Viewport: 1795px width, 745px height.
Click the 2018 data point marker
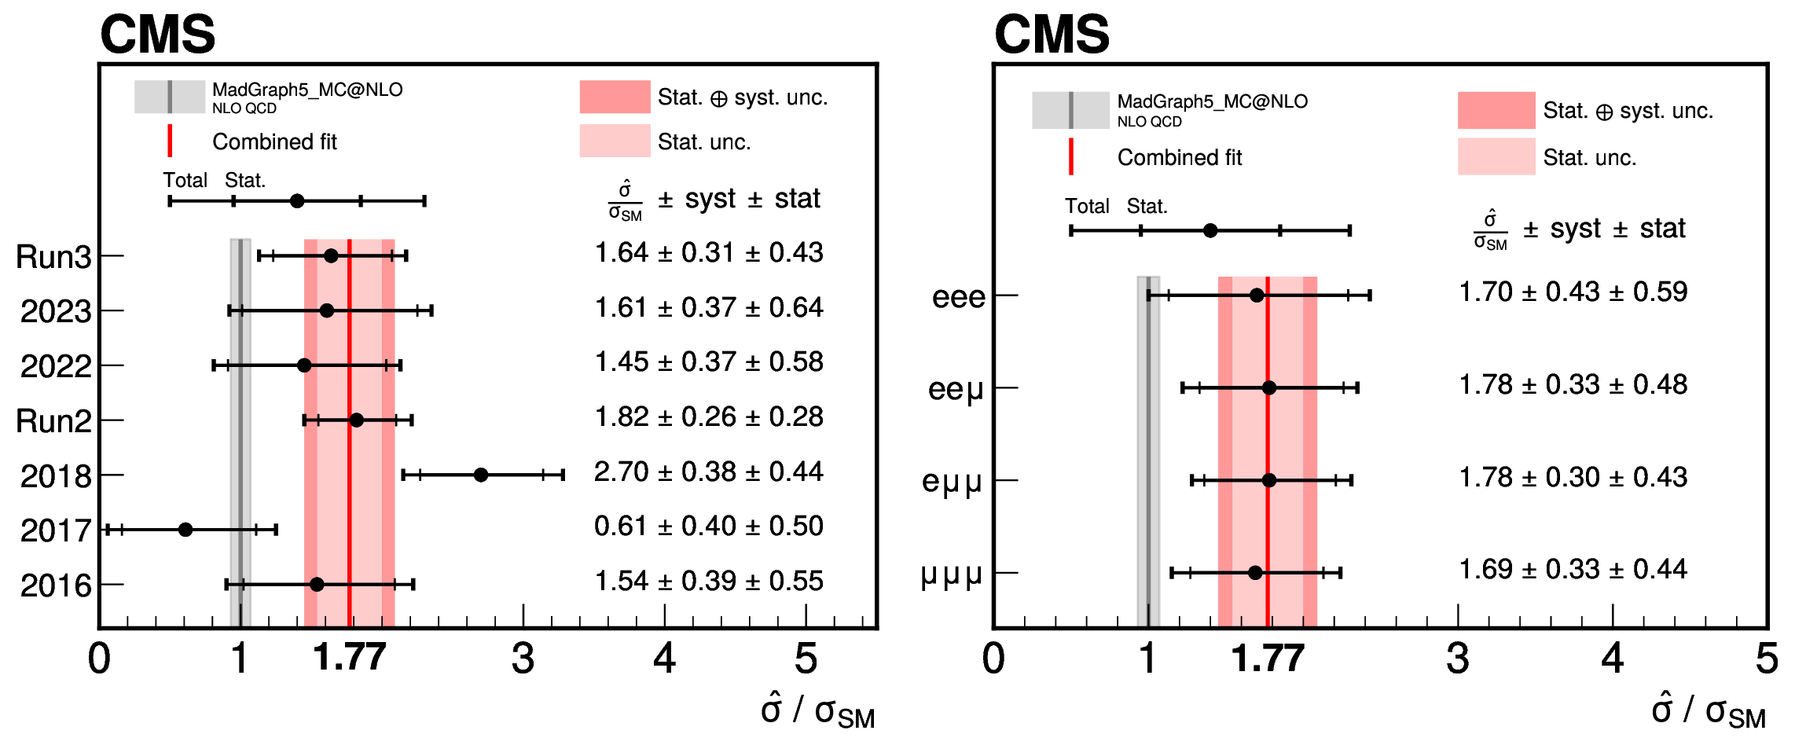tap(481, 475)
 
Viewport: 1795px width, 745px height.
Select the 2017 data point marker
tap(185, 530)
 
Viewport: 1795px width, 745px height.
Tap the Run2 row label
tap(53, 421)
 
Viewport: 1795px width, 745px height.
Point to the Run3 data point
tap(331, 255)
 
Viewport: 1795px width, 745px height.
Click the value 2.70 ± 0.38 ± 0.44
tap(708, 472)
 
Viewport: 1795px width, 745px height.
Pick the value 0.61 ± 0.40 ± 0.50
tap(708, 526)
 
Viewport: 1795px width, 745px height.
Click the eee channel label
tap(958, 297)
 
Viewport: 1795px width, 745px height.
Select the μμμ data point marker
tap(1255, 572)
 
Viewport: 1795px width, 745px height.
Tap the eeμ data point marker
tap(1268, 387)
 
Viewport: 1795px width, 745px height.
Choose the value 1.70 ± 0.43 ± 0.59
tap(1573, 292)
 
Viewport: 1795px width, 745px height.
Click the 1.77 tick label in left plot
tap(350, 657)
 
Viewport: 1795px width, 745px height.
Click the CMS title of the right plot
tap(1052, 35)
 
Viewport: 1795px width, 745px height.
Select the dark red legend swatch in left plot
tap(615, 97)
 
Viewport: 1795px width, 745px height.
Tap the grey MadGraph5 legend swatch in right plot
tap(1070, 110)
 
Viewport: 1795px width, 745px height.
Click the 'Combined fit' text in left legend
tap(274, 141)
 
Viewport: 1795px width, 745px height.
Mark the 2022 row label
tap(56, 366)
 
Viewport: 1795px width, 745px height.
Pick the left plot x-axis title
tap(817, 710)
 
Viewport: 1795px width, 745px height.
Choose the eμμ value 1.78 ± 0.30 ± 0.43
tap(1573, 477)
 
